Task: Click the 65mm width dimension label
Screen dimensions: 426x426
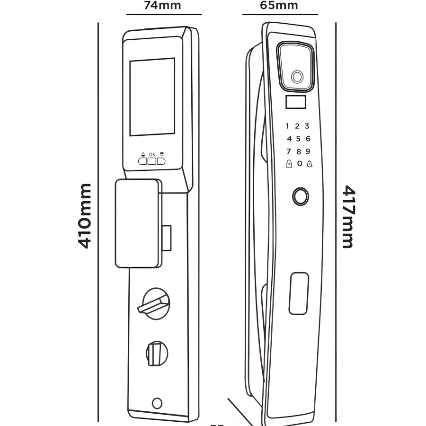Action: coord(279,6)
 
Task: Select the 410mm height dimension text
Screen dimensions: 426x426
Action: coord(85,216)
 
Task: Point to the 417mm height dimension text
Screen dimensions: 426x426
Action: coord(348,217)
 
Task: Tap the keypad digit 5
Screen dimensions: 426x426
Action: coord(298,139)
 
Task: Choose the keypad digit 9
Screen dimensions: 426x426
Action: coord(308,151)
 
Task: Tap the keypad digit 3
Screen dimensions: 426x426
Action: coord(307,126)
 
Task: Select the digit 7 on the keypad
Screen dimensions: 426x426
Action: coord(288,151)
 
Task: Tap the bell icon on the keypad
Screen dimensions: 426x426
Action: coord(309,164)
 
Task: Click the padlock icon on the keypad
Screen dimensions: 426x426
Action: coord(288,164)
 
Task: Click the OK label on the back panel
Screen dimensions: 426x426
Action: coord(152,154)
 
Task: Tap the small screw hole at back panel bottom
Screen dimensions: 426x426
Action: coord(157,403)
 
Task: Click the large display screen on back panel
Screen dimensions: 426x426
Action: coord(152,97)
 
